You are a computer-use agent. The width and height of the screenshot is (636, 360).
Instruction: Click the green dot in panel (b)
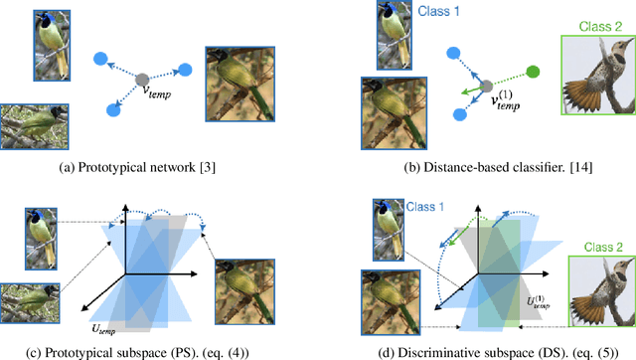pos(533,72)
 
